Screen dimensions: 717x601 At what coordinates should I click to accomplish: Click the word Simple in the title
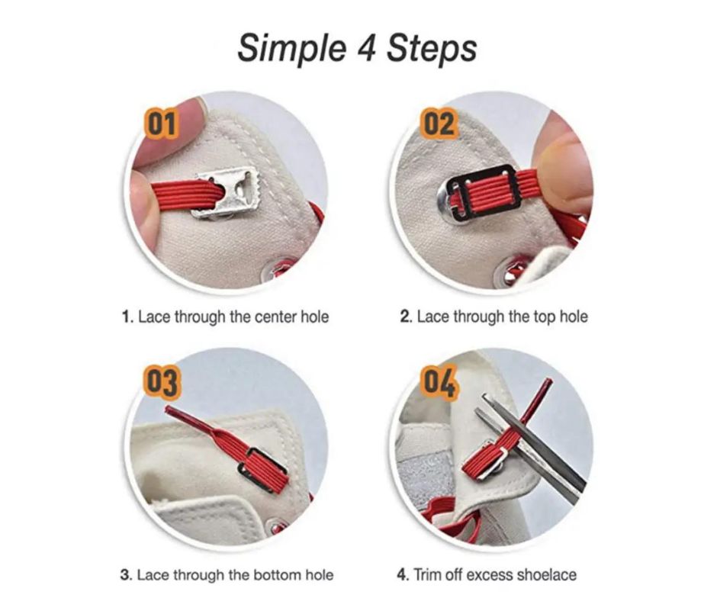[291, 48]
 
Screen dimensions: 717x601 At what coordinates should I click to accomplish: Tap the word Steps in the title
[432, 48]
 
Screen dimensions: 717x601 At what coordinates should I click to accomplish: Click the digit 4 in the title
[366, 47]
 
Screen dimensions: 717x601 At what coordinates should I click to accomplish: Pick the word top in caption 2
[543, 317]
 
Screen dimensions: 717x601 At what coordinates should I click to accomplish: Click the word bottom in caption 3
[278, 574]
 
